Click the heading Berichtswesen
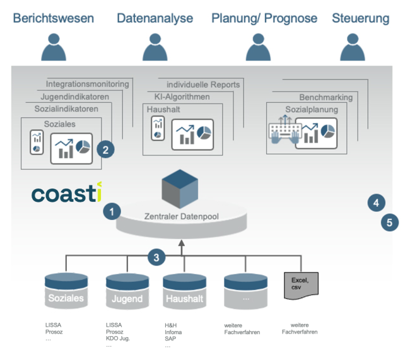click(x=54, y=18)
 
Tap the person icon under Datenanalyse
click(x=155, y=47)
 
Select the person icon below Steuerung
click(x=353, y=47)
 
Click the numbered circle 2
click(x=105, y=149)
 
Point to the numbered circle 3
click(x=156, y=257)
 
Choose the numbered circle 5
click(x=390, y=223)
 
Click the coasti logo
click(x=67, y=192)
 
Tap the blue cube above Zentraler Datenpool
click(x=180, y=189)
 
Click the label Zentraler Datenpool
click(x=182, y=216)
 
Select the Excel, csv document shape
click(x=302, y=286)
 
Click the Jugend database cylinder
click(x=127, y=291)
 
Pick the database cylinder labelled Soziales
click(x=66, y=291)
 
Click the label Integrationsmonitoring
click(x=87, y=84)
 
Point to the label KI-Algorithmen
click(x=182, y=96)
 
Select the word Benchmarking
click(x=326, y=97)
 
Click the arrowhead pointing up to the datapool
click(x=182, y=243)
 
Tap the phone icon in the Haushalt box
click(x=158, y=129)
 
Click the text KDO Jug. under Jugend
click(x=118, y=339)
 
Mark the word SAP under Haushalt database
click(x=170, y=339)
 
